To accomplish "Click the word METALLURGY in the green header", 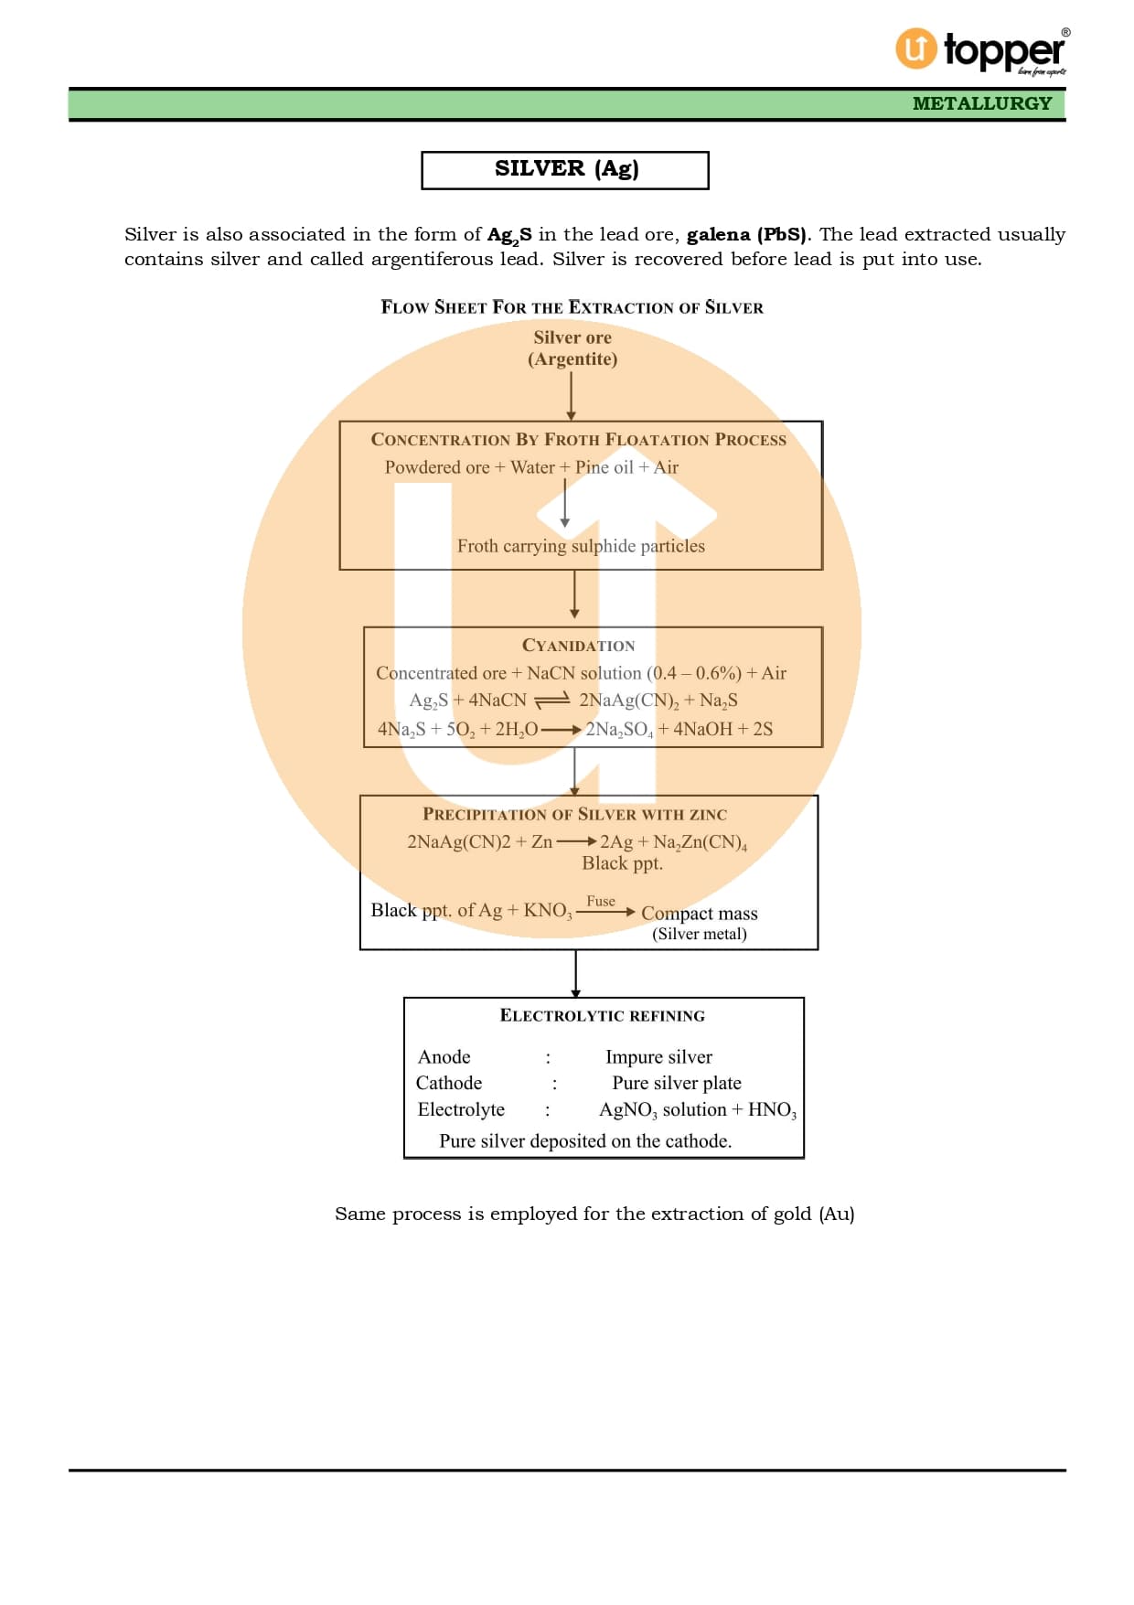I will (982, 103).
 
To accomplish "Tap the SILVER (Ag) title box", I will (565, 170).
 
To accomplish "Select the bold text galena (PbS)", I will (746, 235).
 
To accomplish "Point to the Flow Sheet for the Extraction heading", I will (572, 307).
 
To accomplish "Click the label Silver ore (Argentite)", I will (572, 348).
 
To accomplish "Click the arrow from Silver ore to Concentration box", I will (571, 395).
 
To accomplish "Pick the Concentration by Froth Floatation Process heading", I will (578, 440).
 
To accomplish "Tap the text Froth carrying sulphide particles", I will (581, 546).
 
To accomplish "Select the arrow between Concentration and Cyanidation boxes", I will (574, 595).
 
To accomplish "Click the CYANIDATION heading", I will (578, 646).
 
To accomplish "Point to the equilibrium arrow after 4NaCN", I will (551, 701).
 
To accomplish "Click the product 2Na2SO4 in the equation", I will (619, 729).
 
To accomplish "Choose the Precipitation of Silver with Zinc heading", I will (574, 814).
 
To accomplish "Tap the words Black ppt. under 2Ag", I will (622, 863).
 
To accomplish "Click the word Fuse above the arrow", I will (601, 901).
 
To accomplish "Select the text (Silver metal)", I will (700, 934).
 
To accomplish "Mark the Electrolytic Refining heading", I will (602, 1016).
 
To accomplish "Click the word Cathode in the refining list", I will (449, 1083).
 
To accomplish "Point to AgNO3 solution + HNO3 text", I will (697, 1110).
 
